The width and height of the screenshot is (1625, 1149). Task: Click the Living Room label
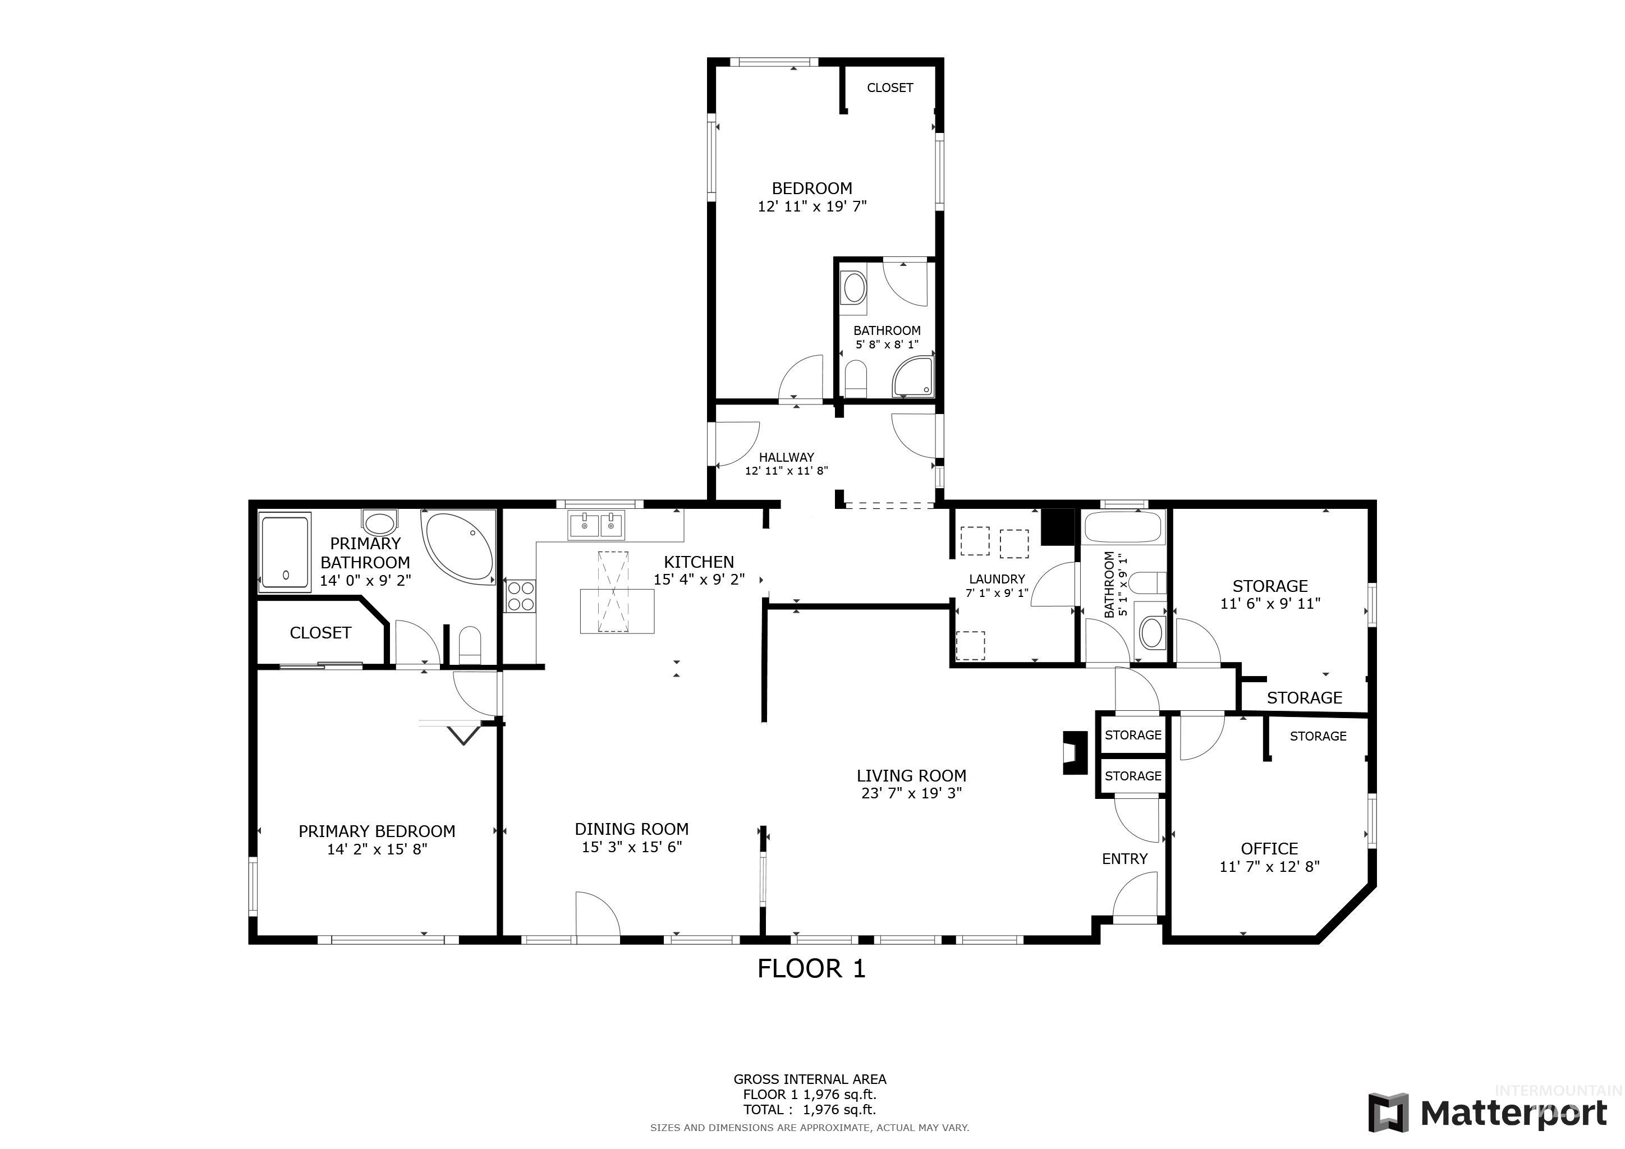tap(912, 775)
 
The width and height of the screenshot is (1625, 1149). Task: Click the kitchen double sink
tap(595, 526)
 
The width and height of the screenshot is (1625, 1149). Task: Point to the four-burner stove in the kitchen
tap(521, 596)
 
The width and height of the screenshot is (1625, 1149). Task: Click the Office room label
tap(1269, 849)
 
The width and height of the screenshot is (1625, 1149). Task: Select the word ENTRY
tap(1124, 859)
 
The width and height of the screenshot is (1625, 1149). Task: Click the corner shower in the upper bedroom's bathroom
tap(913, 376)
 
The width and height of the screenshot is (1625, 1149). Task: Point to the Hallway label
tap(786, 457)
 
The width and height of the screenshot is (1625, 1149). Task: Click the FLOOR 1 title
tap(812, 968)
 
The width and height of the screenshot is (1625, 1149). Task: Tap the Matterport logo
tap(1488, 1112)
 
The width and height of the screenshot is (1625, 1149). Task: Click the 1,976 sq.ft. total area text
tap(839, 1109)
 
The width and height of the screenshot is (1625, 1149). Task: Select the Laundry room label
tap(997, 579)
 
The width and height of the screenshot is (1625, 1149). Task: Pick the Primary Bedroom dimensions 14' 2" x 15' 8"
tap(377, 849)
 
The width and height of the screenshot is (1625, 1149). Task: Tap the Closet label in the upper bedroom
tap(889, 88)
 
